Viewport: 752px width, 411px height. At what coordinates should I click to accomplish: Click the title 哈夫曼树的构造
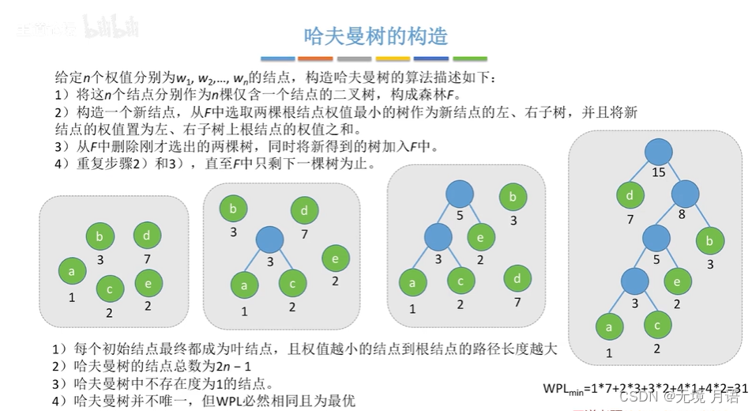376,36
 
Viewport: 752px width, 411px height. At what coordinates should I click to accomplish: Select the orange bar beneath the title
315,58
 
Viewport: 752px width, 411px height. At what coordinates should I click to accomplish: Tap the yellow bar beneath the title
393,58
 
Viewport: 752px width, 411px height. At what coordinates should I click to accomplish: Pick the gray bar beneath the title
354,58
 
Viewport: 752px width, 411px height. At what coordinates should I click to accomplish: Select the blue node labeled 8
686,194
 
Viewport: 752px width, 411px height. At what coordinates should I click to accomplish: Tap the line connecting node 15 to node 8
672,174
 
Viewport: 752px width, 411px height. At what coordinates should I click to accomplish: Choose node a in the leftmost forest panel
72,272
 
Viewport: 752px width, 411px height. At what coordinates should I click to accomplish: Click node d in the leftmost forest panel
147,236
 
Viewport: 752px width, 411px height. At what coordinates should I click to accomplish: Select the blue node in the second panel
270,239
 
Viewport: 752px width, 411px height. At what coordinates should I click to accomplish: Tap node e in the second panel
335,258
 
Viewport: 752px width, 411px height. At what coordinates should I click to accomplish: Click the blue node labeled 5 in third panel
459,194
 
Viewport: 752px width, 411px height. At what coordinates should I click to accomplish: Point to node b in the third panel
513,197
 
